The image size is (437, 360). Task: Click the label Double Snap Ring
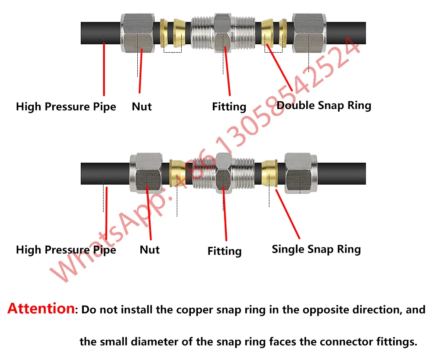pyautogui.click(x=324, y=105)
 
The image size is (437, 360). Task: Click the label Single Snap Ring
pyautogui.click(x=316, y=250)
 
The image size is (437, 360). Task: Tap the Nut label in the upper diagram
pyautogui.click(x=142, y=107)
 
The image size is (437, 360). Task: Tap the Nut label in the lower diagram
pyautogui.click(x=149, y=250)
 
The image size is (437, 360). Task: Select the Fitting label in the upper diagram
pyautogui.click(x=229, y=107)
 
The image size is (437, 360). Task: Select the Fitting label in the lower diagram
pyautogui.click(x=224, y=251)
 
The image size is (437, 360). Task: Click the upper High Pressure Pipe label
pyautogui.click(x=66, y=107)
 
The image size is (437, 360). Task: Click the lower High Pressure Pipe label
pyautogui.click(x=66, y=250)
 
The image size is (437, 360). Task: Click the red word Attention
pyautogui.click(x=41, y=309)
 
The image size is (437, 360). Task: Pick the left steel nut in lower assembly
pyautogui.click(x=148, y=174)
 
